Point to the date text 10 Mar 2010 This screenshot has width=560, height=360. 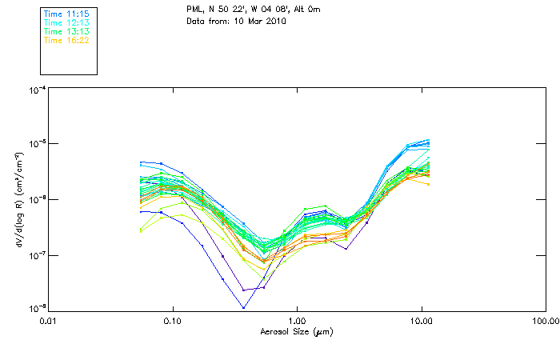259,21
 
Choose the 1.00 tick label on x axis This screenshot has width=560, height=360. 297,322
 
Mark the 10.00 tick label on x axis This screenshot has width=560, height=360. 421,322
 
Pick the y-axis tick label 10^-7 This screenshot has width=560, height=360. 36,255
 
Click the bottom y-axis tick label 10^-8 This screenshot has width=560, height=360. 36,309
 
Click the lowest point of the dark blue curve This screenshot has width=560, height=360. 243,307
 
